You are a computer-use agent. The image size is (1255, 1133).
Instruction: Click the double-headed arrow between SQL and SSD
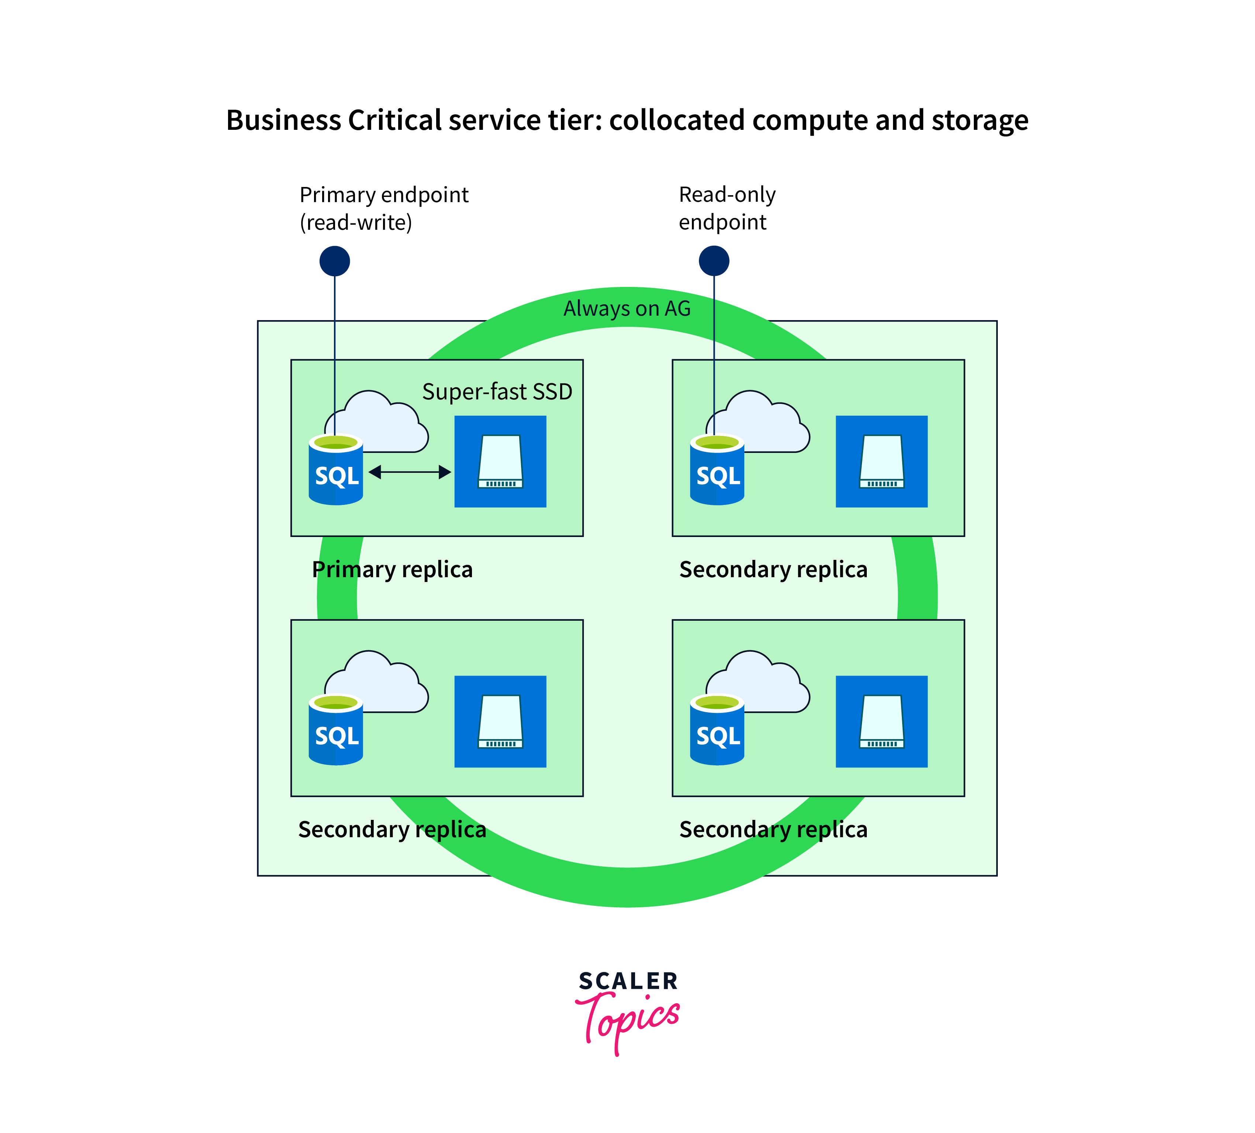click(410, 472)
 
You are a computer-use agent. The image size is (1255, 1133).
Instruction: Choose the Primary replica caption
click(392, 569)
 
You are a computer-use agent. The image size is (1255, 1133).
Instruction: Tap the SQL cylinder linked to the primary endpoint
click(336, 473)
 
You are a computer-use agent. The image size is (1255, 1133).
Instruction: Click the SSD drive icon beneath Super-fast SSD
click(500, 462)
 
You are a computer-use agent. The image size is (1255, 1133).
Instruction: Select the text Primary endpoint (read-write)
click(383, 208)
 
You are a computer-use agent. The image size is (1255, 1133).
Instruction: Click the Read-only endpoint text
click(727, 208)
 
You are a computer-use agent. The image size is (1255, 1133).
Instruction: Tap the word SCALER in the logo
click(627, 981)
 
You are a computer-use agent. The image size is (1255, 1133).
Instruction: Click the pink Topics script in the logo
click(629, 1021)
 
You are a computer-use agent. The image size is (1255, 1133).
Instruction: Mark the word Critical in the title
click(395, 120)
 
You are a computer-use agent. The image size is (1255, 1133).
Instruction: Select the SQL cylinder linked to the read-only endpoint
click(717, 473)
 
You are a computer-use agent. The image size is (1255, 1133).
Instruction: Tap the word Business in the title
click(283, 120)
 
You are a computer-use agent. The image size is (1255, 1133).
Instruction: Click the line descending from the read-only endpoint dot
click(714, 349)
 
